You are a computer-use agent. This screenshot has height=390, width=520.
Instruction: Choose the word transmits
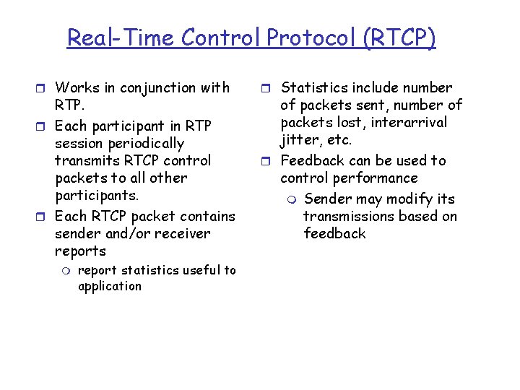point(89,161)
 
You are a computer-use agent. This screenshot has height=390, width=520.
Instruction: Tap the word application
point(110,287)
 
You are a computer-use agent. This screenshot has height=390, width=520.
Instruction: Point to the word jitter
point(299,140)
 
